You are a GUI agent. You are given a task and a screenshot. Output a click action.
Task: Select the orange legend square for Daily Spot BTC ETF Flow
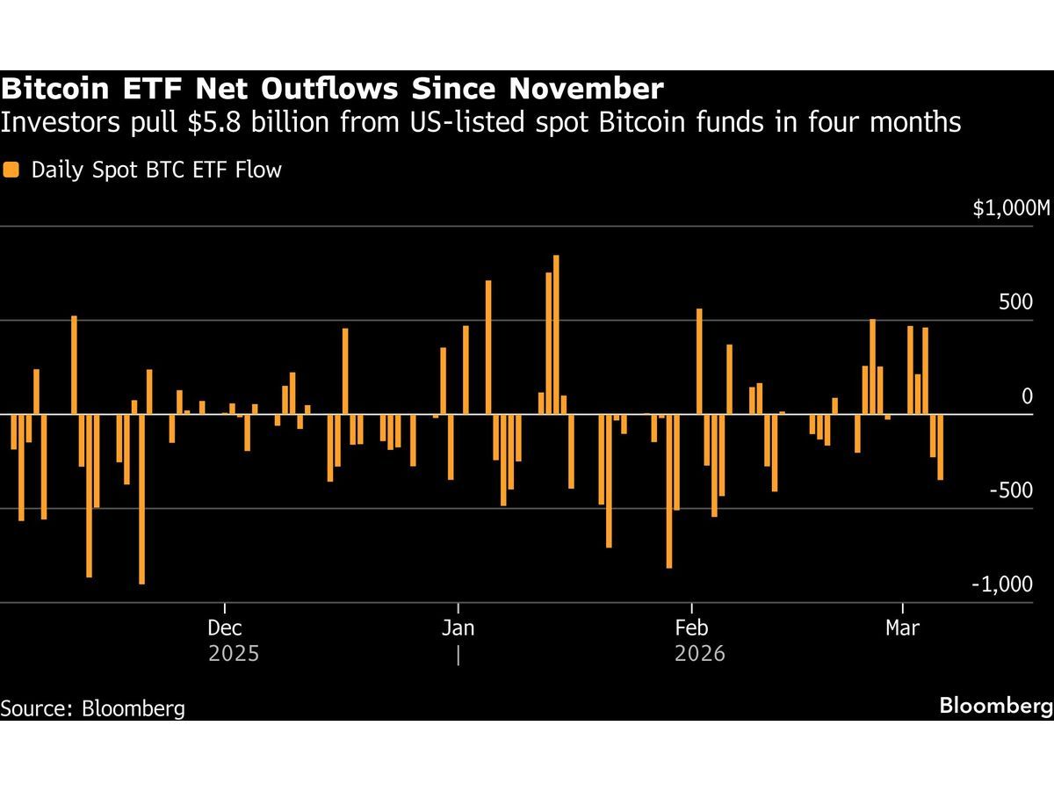click(11, 170)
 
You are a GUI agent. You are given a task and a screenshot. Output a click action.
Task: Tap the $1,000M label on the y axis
click(1011, 209)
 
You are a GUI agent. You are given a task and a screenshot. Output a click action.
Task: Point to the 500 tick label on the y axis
click(1016, 302)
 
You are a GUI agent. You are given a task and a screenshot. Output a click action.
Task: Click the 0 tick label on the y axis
click(1027, 396)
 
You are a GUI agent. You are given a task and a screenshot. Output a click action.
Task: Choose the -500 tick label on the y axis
click(1011, 490)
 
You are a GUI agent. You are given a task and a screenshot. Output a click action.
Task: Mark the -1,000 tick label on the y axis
click(1003, 584)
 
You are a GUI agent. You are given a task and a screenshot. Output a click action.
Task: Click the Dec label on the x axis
click(225, 628)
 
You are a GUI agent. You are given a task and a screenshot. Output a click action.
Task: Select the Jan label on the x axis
click(458, 628)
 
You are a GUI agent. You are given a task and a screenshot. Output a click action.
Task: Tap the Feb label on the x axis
click(692, 628)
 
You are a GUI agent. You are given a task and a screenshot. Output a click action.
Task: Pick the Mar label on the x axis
click(903, 628)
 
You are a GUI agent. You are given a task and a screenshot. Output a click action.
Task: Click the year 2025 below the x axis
click(234, 654)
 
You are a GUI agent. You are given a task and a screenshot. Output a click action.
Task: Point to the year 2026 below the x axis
click(700, 654)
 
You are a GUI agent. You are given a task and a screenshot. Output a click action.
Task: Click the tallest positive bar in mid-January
click(556, 334)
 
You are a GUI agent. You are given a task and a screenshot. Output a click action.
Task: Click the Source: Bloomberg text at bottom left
click(92, 708)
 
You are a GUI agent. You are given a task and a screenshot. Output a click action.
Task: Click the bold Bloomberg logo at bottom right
click(995, 706)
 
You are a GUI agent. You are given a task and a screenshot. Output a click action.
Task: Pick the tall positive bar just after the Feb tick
click(699, 361)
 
